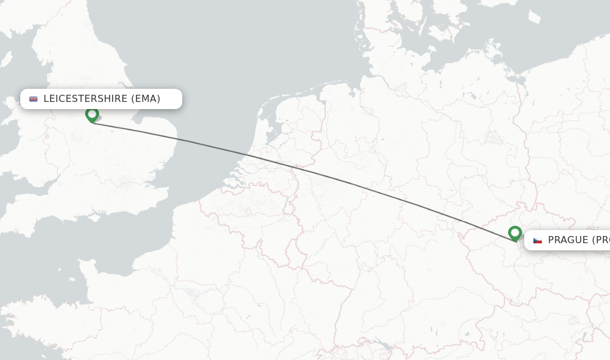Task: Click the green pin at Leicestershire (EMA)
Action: click(x=92, y=114)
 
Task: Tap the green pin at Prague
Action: click(x=515, y=233)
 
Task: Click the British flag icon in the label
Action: click(x=33, y=99)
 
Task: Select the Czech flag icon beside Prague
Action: click(x=537, y=240)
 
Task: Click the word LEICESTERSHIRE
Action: click(x=85, y=99)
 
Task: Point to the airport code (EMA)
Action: click(x=146, y=99)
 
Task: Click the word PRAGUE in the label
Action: click(x=568, y=240)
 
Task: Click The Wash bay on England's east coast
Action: click(x=139, y=119)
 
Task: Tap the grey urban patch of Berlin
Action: click(x=493, y=137)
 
